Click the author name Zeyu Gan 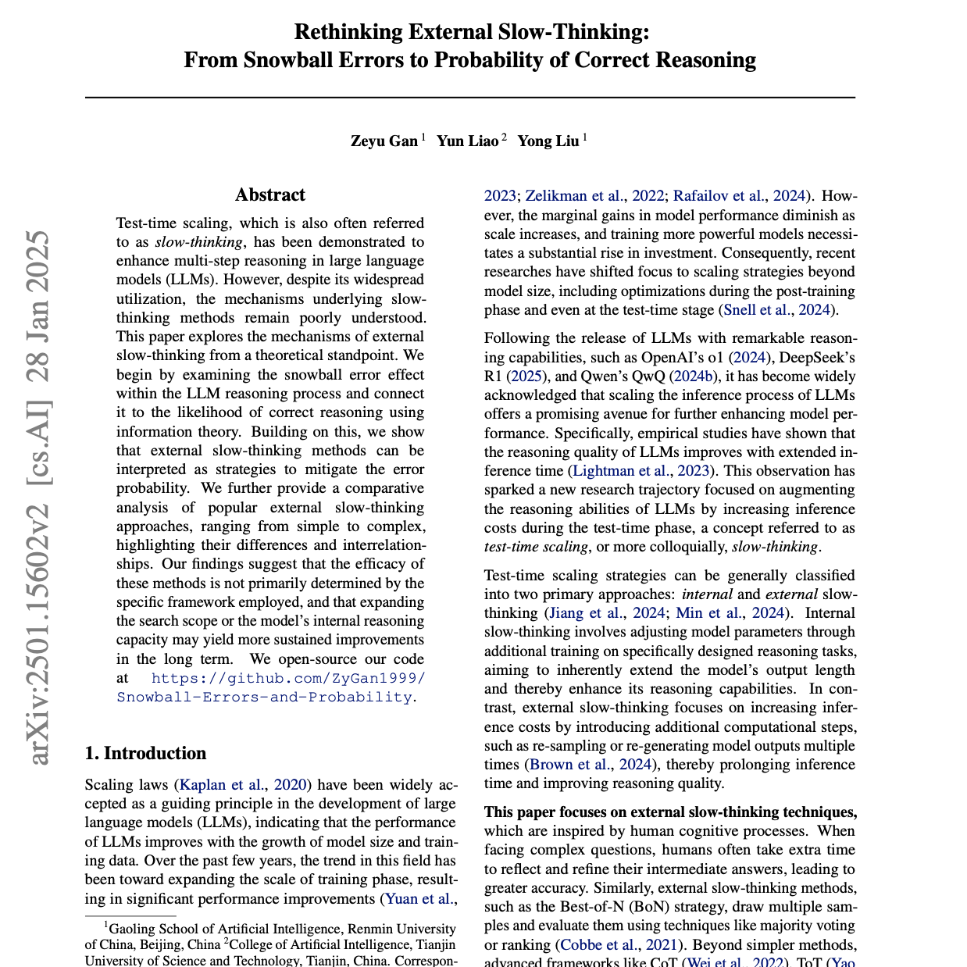click(x=384, y=141)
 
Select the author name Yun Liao click(x=467, y=141)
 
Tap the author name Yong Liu click(x=548, y=141)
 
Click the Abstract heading click(x=270, y=195)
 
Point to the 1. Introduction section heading click(x=146, y=754)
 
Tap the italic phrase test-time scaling click(x=536, y=547)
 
